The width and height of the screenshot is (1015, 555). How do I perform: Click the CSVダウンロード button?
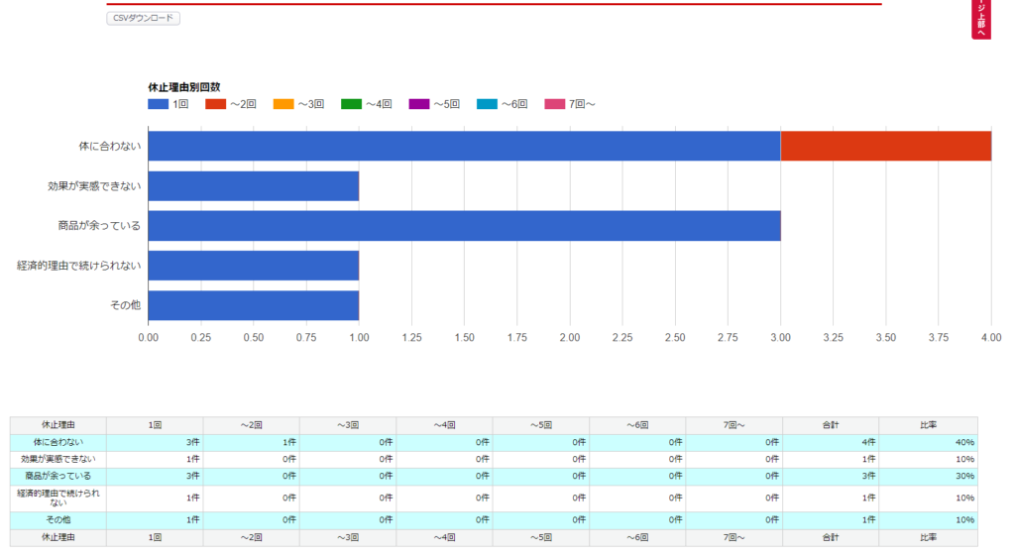point(143,18)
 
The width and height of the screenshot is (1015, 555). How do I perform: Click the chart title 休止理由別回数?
point(183,87)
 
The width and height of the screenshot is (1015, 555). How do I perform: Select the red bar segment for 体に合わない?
point(885,146)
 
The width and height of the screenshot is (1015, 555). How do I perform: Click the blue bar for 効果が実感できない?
point(253,186)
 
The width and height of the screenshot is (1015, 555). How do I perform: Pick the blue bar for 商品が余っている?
point(464,226)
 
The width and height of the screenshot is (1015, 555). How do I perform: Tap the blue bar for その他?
point(253,305)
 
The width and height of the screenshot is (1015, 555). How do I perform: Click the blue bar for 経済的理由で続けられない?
point(253,266)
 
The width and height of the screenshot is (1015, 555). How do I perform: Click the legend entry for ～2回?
point(231,104)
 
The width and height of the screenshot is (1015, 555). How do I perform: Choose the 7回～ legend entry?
point(570,104)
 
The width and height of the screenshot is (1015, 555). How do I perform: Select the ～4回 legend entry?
point(367,104)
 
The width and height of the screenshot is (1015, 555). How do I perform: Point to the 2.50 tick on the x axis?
point(675,338)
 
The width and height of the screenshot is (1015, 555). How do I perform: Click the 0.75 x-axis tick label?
point(306,338)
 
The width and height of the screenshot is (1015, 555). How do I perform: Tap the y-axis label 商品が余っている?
point(99,226)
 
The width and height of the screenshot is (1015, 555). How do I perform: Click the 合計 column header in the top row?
point(830,425)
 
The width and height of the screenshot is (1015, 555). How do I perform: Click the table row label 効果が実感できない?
point(58,460)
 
